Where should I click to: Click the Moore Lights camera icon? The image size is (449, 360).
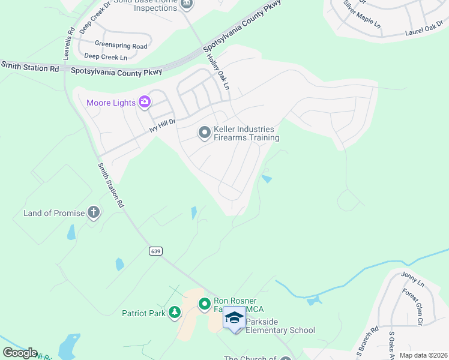click(x=145, y=103)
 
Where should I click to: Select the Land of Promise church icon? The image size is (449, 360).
click(x=93, y=212)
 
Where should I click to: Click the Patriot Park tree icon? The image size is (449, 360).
click(x=175, y=312)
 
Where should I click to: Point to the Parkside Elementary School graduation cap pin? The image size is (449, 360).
click(x=234, y=318)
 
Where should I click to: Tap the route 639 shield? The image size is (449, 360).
click(x=155, y=251)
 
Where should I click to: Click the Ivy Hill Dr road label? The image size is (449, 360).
click(x=162, y=125)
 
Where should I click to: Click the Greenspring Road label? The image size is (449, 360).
click(x=121, y=45)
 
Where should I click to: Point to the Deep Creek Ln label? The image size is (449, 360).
click(x=106, y=57)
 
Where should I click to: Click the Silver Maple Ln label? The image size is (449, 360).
click(x=362, y=14)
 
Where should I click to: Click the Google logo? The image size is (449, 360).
click(x=19, y=353)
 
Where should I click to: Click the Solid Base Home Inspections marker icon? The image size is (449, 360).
click(x=187, y=3)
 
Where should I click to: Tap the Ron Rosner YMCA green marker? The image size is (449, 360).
click(x=205, y=303)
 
